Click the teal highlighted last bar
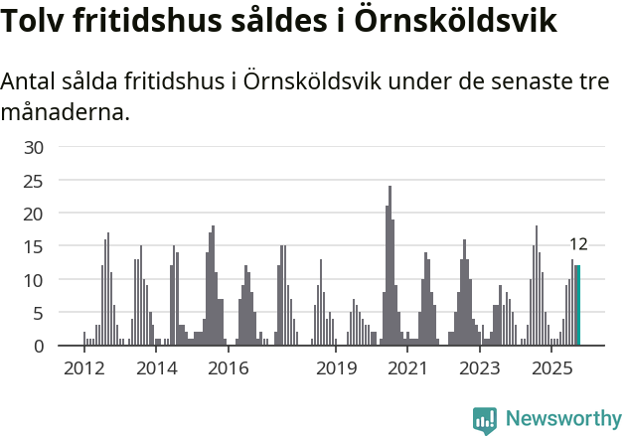[x=578, y=306]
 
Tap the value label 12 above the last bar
[x=578, y=244]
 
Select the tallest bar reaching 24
[x=390, y=266]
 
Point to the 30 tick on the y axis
[x=34, y=148]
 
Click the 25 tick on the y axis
[x=34, y=181]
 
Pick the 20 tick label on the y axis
[x=34, y=214]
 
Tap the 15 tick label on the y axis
[x=34, y=247]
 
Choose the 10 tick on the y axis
[x=34, y=280]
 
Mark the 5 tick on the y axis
[x=38, y=313]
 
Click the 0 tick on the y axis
[x=38, y=346]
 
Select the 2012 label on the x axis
[x=83, y=368]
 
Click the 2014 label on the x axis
[x=156, y=368]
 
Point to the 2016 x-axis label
[x=229, y=368]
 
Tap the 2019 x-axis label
[x=337, y=368]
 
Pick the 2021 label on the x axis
[x=408, y=368]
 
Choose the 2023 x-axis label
[x=480, y=368]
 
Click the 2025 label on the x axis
[x=551, y=368]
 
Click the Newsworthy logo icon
[x=485, y=420]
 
